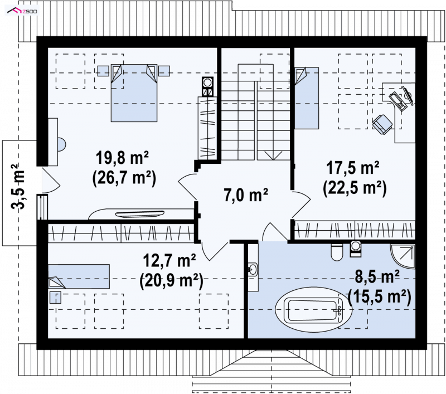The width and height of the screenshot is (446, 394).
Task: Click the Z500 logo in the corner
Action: [x=22, y=11]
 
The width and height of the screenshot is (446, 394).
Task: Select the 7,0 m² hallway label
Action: [x=246, y=195]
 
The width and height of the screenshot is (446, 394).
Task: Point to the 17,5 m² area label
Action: [x=353, y=168]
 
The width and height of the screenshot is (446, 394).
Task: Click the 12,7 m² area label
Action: [x=169, y=260]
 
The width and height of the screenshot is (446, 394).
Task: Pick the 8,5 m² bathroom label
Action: [x=377, y=276]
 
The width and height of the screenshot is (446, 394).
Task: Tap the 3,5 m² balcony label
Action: [x=18, y=187]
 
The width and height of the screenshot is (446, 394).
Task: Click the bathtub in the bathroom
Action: [x=314, y=310]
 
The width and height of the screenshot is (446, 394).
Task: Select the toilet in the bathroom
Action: [x=337, y=252]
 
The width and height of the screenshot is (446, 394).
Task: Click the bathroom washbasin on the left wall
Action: [x=253, y=269]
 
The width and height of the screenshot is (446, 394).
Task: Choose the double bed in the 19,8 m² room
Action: [x=134, y=93]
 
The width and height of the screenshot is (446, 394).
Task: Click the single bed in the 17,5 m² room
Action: [x=307, y=98]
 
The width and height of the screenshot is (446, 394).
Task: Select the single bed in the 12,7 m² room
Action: [x=79, y=276]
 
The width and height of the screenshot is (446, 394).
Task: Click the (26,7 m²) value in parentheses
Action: [x=124, y=178]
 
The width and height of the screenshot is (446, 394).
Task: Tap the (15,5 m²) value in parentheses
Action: [x=380, y=297]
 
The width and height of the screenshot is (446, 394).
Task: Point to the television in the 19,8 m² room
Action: [x=140, y=214]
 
